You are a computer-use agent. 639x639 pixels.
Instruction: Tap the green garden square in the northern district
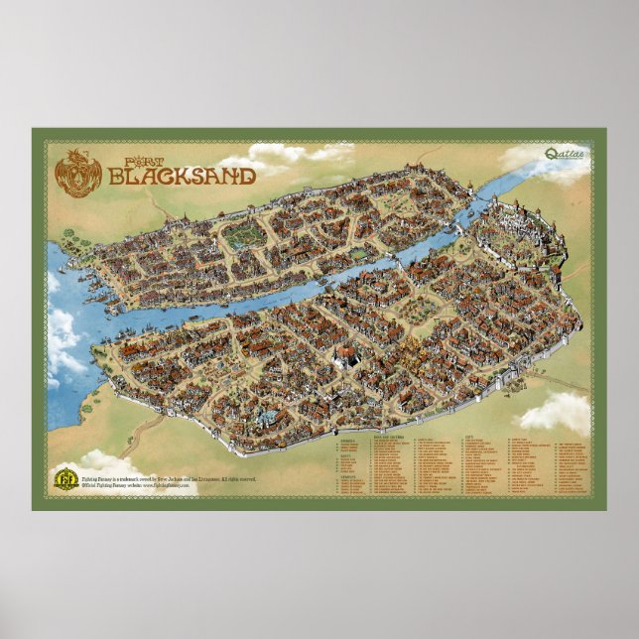tap(244, 235)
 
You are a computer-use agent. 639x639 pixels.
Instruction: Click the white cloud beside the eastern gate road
tap(558, 409)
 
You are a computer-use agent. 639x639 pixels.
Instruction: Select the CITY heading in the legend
tap(467, 436)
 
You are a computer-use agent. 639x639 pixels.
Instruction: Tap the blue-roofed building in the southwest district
tap(244, 413)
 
